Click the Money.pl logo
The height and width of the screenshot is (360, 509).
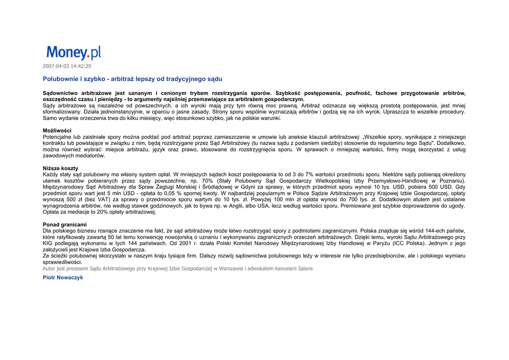click(x=74, y=53)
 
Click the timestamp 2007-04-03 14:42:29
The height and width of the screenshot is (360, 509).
click(x=67, y=66)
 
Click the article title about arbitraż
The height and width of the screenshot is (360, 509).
click(x=132, y=79)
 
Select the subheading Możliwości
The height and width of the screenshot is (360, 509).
click(x=57, y=131)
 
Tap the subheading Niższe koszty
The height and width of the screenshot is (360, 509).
click(x=60, y=169)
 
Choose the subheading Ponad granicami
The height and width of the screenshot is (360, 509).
click(x=65, y=225)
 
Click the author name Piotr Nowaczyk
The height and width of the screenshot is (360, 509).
click(x=63, y=277)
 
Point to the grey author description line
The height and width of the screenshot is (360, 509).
click(x=177, y=269)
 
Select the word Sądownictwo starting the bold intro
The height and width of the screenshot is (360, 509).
click(x=60, y=93)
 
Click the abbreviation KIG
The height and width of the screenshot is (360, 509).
click(x=48, y=244)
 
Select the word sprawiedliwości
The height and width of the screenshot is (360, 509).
click(x=62, y=262)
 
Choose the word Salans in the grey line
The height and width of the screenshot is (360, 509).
click(x=305, y=269)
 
